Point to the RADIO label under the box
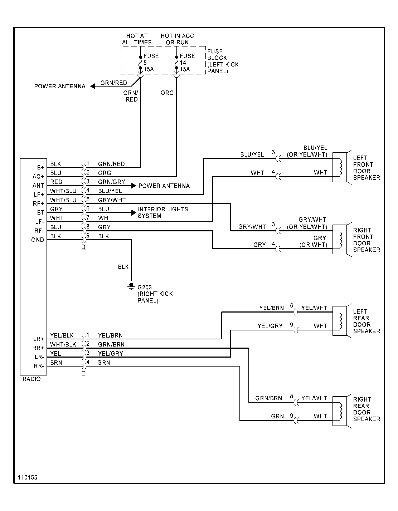(x=31, y=379)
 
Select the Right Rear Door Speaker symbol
(x=340, y=411)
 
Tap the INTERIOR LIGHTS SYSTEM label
(x=163, y=212)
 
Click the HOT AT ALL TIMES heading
(x=137, y=39)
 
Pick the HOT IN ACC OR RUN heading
(x=177, y=39)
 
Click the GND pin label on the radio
(x=38, y=240)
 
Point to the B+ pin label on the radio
(x=40, y=167)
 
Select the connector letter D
(x=83, y=247)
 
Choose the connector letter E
(x=83, y=374)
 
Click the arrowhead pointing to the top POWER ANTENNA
(x=93, y=86)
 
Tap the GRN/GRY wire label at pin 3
(x=111, y=182)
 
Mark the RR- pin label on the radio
(x=39, y=366)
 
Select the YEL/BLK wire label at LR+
(x=62, y=335)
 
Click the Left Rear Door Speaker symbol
(x=340, y=320)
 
